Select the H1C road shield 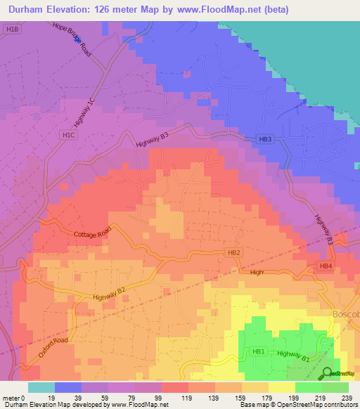(68, 135)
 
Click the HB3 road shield (264, 140)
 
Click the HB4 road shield (325, 266)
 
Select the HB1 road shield (258, 351)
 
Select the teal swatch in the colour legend (41, 387)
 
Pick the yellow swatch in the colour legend (281, 387)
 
